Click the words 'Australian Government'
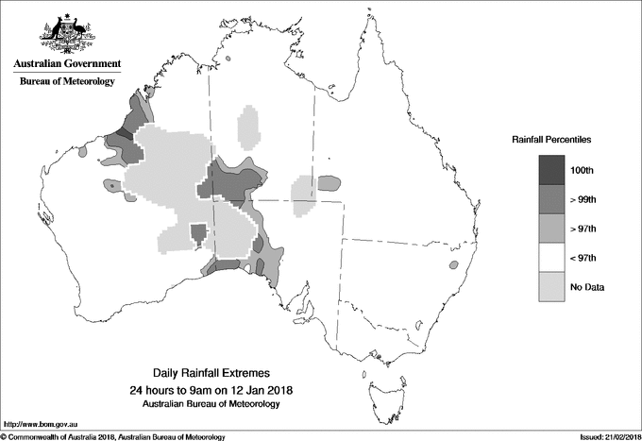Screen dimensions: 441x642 tap(67, 64)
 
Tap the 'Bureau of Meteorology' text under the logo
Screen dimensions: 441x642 tap(67, 82)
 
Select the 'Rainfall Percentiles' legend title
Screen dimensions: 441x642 tap(551, 140)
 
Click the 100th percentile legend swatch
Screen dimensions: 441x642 tap(552, 170)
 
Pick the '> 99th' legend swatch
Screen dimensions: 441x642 tap(552, 199)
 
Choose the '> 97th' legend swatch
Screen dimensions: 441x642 tap(552, 229)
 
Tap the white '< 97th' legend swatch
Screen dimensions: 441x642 tap(552, 258)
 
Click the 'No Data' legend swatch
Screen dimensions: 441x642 tap(552, 287)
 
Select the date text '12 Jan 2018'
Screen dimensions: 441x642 tap(262, 390)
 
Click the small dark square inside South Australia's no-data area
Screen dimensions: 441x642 tap(198, 232)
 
